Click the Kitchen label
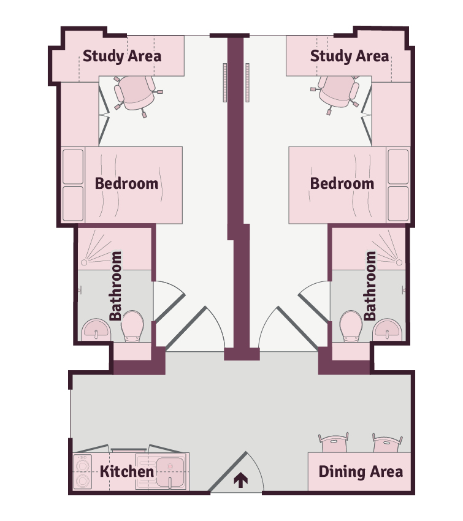[127, 471]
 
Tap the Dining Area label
[361, 471]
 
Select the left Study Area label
[122, 56]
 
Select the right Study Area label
[350, 56]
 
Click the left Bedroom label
[127, 183]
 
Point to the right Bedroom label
[342, 183]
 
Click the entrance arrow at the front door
[240, 481]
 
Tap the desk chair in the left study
[136, 94]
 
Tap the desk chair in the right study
[335, 93]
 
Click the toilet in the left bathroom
[132, 325]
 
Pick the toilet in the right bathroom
[351, 325]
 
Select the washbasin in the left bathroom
[96, 330]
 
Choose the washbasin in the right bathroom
[387, 330]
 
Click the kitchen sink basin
[170, 472]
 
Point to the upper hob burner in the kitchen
[82, 465]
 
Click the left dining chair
[334, 443]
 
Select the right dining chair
[387, 443]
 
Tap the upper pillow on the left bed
[73, 167]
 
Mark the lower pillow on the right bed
[398, 203]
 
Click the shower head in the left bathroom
[84, 262]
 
